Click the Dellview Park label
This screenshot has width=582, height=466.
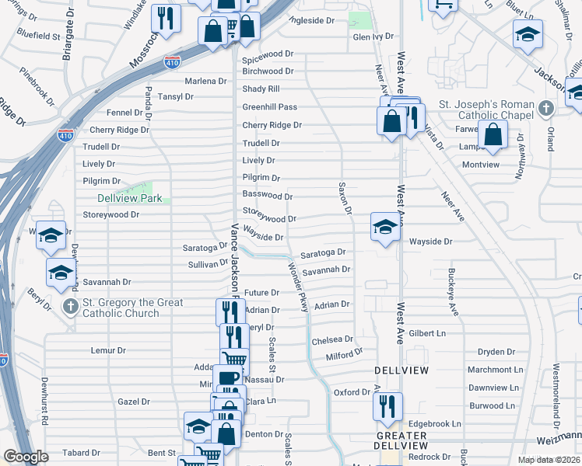129,198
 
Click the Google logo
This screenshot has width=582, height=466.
26,457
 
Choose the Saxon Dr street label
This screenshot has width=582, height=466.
345,200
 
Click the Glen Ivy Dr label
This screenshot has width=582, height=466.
374,37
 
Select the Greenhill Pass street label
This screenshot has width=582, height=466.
270,107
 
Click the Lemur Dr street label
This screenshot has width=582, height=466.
108,351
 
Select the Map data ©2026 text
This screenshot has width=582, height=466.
549,460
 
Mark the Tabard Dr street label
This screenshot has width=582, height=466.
77,453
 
